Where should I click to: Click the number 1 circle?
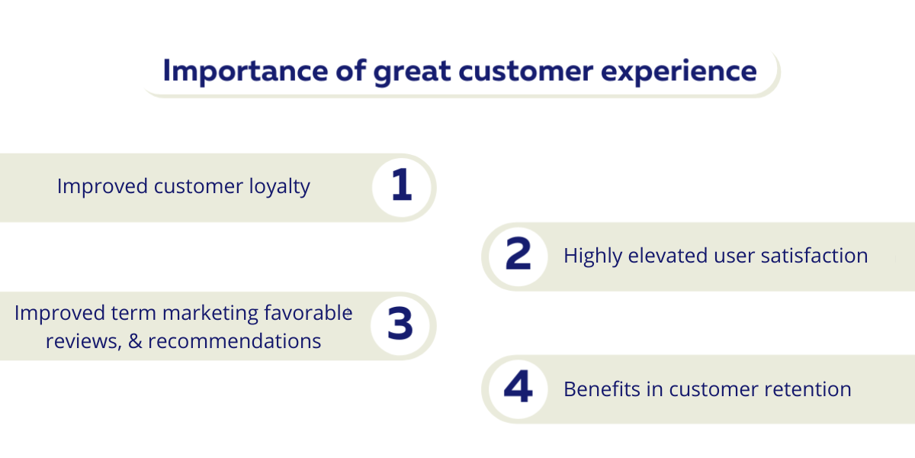(x=402, y=188)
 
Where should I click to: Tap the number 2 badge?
(x=518, y=256)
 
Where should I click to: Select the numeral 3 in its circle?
(x=400, y=324)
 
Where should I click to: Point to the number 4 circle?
(x=518, y=389)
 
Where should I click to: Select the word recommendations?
(x=235, y=340)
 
